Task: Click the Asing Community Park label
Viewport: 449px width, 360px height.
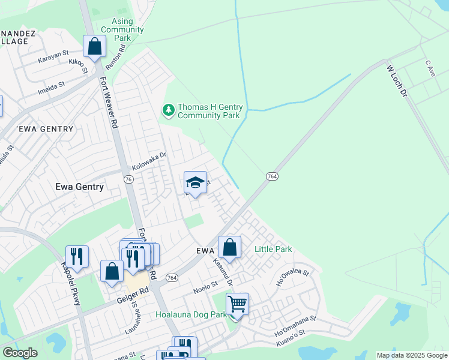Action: pyautogui.click(x=122, y=29)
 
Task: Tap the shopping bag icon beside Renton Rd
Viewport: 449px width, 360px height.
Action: pyautogui.click(x=94, y=46)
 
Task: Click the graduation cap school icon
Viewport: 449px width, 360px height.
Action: pyautogui.click(x=195, y=183)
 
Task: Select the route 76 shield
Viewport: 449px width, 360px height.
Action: pyautogui.click(x=128, y=179)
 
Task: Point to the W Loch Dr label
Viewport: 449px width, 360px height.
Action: pyautogui.click(x=397, y=82)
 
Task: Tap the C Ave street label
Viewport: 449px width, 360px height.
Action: pyautogui.click(x=429, y=64)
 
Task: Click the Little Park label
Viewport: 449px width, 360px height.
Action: pyautogui.click(x=273, y=249)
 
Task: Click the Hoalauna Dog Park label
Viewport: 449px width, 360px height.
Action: pyautogui.click(x=191, y=314)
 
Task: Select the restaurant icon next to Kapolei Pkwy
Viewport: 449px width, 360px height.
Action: pyautogui.click(x=77, y=257)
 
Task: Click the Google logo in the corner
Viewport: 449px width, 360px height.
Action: pyautogui.click(x=20, y=353)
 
